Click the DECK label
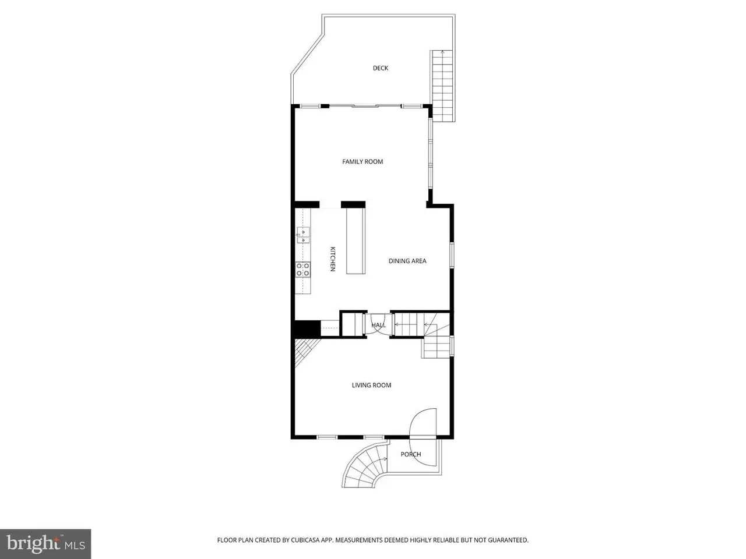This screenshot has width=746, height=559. [381, 68]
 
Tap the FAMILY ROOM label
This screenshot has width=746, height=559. [363, 161]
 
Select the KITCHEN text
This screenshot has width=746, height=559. [333, 259]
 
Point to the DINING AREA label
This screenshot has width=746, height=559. [407, 261]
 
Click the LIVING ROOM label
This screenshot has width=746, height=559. [371, 385]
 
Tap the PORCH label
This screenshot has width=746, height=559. [410, 454]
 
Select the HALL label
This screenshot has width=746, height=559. [378, 325]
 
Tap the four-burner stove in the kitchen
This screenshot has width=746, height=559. [303, 270]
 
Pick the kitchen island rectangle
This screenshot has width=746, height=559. [356, 241]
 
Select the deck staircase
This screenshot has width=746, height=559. [442, 86]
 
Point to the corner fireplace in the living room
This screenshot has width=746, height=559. [306, 352]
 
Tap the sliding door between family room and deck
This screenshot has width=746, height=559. [365, 106]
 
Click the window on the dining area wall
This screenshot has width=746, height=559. [452, 255]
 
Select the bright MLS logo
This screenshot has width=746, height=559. [45, 544]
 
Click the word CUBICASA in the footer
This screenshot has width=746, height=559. [305, 540]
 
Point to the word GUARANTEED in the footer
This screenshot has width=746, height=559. [508, 540]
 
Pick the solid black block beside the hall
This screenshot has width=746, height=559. [307, 328]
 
